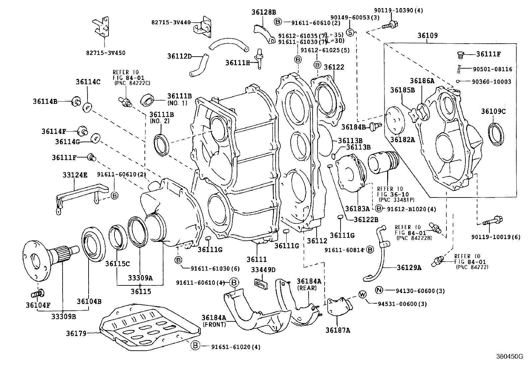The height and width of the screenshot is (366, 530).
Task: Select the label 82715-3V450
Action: click(106, 53)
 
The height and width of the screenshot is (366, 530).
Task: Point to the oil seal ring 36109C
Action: click(496, 134)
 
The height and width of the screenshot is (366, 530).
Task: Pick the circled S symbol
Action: click(350, 32)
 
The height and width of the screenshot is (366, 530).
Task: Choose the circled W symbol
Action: click(363, 294)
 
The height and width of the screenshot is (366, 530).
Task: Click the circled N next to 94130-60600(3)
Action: click(379, 290)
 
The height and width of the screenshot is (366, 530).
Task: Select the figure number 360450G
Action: click(508, 356)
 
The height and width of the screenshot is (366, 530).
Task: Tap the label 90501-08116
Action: click(492, 69)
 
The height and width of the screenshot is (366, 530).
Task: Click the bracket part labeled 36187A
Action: click(340, 306)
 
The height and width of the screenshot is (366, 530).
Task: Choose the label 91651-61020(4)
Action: click(236, 347)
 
